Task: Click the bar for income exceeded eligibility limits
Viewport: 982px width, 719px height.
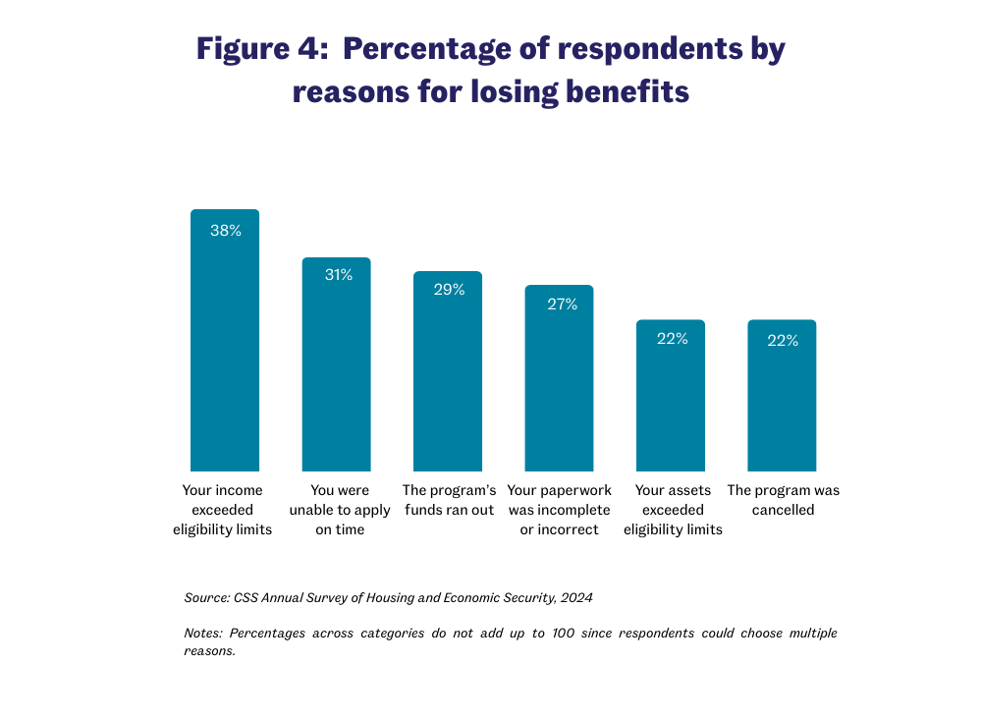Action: coord(225,344)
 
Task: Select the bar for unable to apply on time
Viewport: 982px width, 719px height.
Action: coord(336,368)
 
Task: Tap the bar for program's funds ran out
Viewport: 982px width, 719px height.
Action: coord(448,375)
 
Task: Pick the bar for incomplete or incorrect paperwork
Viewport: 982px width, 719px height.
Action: coord(559,382)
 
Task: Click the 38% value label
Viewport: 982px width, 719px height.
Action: coord(226,231)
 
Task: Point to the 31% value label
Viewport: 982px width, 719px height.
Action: coord(338,275)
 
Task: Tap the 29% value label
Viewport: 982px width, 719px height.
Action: coord(449,290)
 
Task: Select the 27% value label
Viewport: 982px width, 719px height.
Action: coord(562,304)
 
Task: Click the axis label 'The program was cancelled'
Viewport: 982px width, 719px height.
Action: coord(783,500)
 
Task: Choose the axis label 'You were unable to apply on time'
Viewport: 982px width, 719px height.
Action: coord(337,510)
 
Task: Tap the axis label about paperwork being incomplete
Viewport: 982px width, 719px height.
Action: coord(560,510)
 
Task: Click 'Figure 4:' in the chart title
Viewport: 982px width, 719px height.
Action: coord(258,49)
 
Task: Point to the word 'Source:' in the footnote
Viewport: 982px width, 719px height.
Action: coord(206,597)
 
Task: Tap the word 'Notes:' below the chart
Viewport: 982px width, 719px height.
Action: coord(204,633)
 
